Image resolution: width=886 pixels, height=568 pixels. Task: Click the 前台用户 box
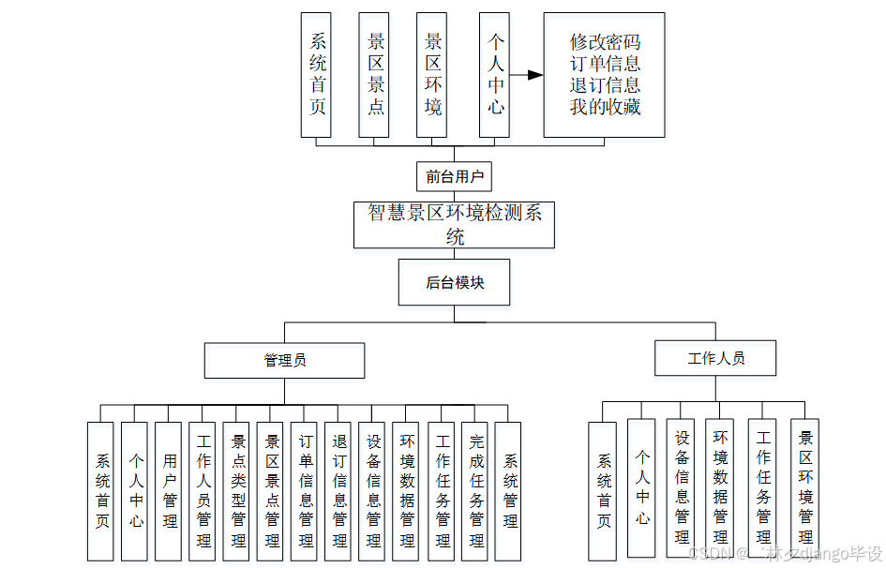tap(454, 176)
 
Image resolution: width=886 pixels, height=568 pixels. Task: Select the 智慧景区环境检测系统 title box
tap(454, 225)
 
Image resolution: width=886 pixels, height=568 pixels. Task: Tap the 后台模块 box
tap(454, 282)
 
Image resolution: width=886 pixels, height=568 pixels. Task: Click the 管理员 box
tap(285, 360)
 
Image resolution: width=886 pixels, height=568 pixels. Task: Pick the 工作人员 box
tap(716, 358)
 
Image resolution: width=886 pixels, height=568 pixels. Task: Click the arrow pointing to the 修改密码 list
tap(528, 75)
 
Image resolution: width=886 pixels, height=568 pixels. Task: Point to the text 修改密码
tap(605, 43)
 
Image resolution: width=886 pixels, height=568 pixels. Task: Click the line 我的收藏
tap(605, 106)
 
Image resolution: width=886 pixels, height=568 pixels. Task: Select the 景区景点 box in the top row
tap(375, 75)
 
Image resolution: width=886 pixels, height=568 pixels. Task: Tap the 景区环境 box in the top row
tap(432, 75)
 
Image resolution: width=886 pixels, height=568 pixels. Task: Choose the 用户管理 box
tap(169, 491)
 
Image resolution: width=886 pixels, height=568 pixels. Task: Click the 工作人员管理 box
tap(203, 491)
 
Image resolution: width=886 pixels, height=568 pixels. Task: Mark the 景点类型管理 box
tap(237, 491)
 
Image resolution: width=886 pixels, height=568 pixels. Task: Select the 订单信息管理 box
tap(305, 491)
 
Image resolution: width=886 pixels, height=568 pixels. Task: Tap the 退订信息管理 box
tap(338, 491)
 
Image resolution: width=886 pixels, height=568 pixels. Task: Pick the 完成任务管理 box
tap(474, 491)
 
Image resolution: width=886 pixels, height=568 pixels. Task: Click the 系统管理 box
tap(508, 491)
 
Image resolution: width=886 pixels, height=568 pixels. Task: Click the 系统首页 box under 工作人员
tap(603, 491)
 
